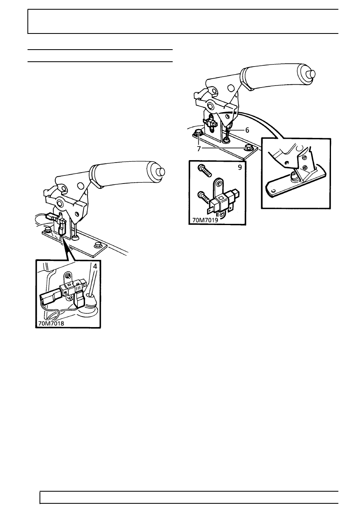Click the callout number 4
tap(95, 266)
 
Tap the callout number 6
tap(247, 130)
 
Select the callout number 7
tap(199, 149)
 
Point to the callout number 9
tap(240, 167)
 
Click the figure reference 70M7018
tap(51, 323)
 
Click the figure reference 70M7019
tap(205, 220)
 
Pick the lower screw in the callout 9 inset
tap(204, 197)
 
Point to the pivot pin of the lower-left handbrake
tap(60, 203)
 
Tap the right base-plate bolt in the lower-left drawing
tap(98, 245)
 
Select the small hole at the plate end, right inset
tap(274, 190)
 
